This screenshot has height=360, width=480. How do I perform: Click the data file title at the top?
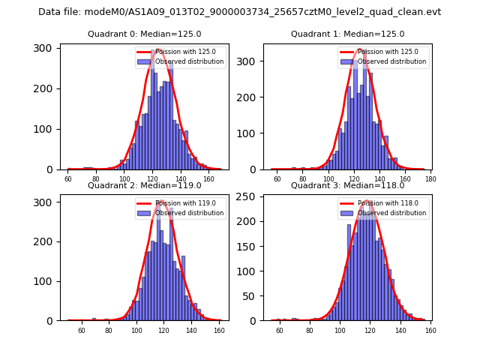[239, 12]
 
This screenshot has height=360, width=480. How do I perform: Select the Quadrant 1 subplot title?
[347, 34]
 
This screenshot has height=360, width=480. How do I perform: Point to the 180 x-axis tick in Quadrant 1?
[430, 179]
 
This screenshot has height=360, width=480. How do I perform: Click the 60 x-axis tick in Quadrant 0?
[68, 179]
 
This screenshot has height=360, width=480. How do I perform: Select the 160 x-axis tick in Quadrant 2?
[218, 330]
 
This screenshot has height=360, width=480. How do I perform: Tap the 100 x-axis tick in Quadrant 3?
[339, 330]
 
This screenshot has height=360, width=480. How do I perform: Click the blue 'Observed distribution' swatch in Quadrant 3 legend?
[349, 213]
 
